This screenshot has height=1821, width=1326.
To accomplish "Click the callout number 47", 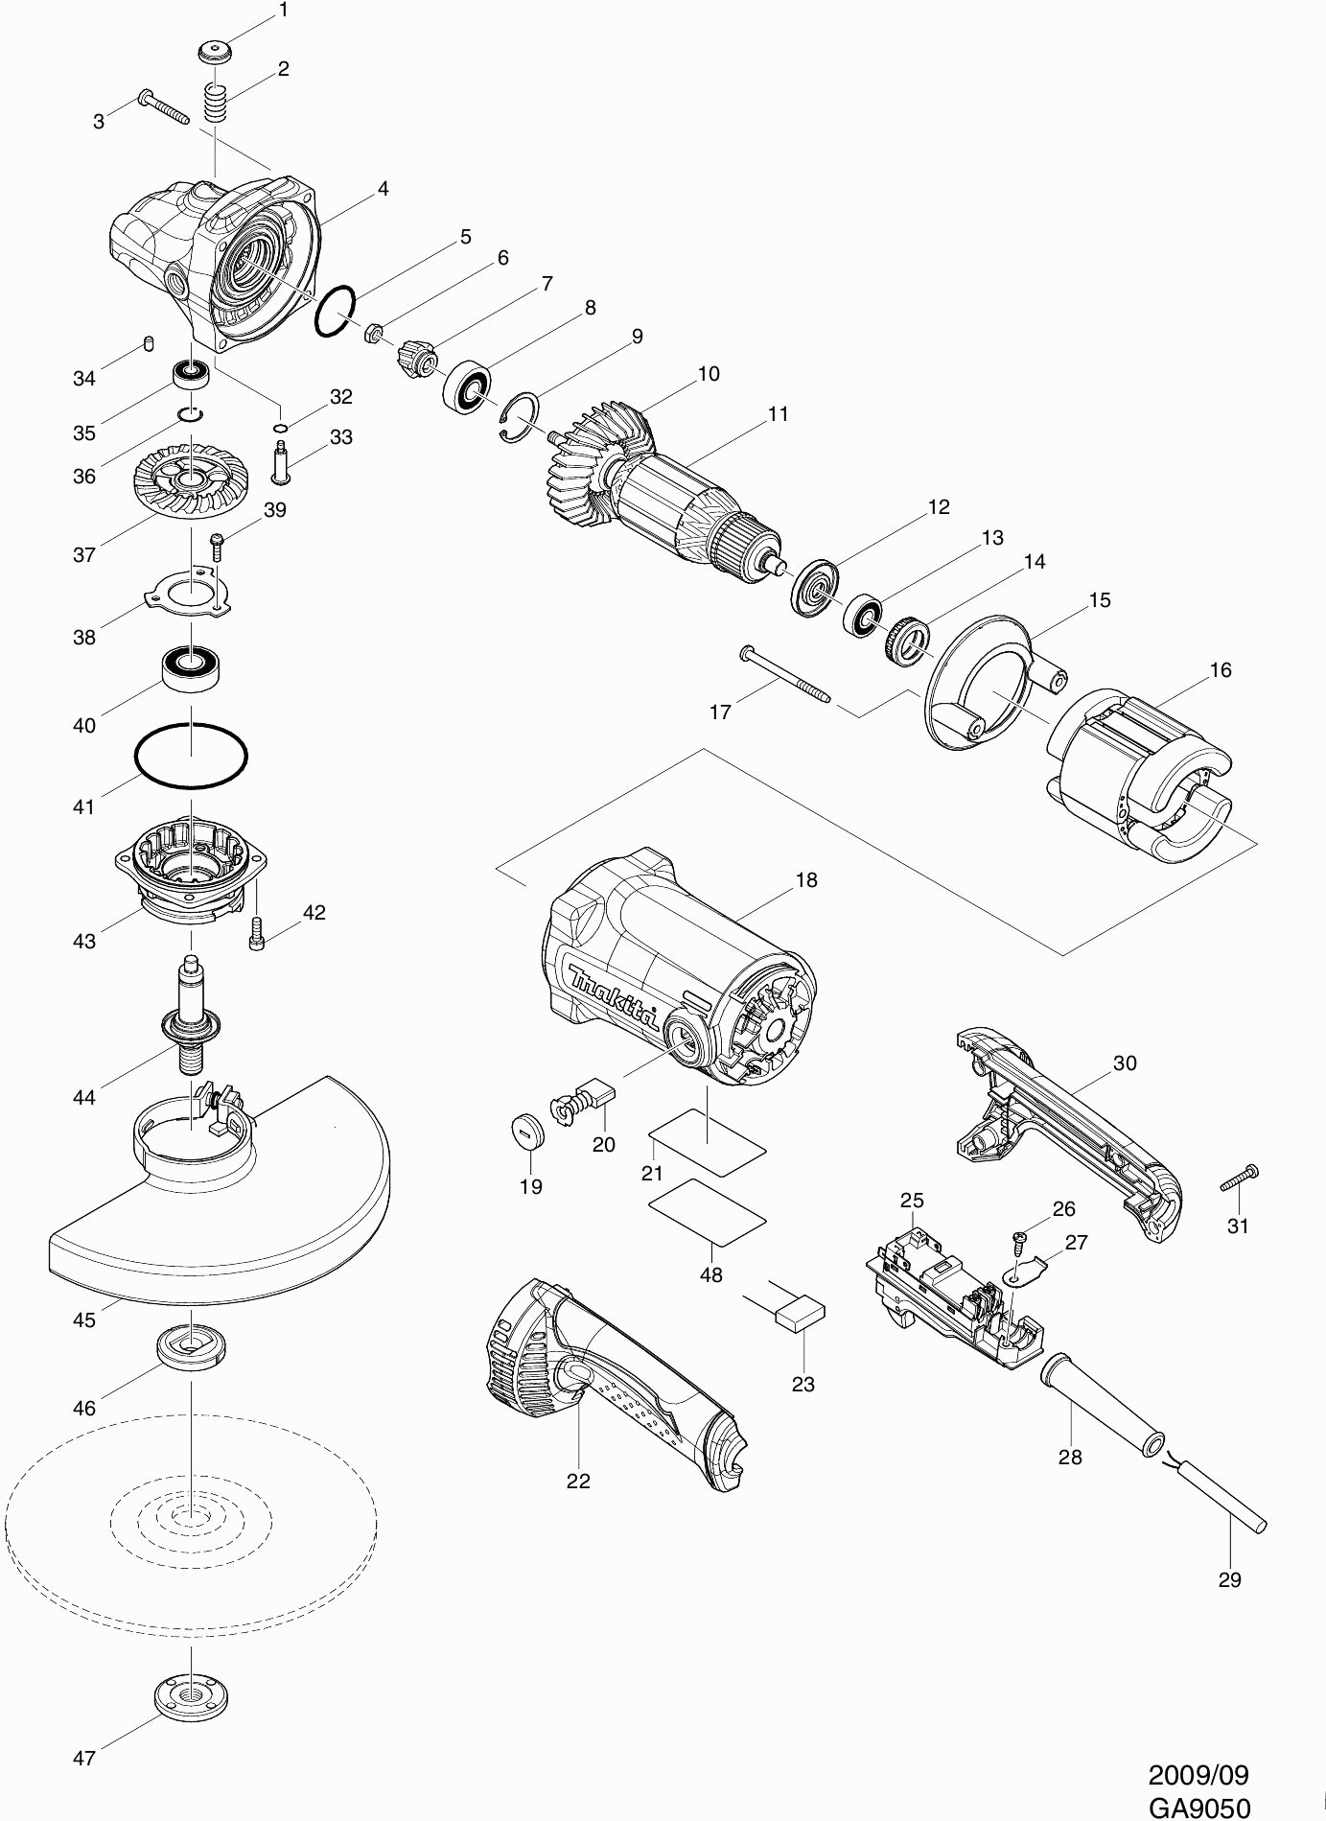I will [84, 1758].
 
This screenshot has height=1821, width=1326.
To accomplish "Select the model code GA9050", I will [1198, 1807].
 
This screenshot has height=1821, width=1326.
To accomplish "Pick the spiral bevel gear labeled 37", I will [188, 476].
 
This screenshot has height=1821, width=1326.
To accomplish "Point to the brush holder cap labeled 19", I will [526, 1130].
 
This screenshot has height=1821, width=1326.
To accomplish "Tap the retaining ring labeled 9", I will [522, 417].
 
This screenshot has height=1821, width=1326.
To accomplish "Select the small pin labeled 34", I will [149, 343].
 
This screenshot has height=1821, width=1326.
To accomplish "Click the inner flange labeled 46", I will [191, 1346].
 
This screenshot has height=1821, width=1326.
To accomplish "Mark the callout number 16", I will [1221, 669].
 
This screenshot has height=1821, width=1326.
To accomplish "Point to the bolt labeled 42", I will [256, 927].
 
